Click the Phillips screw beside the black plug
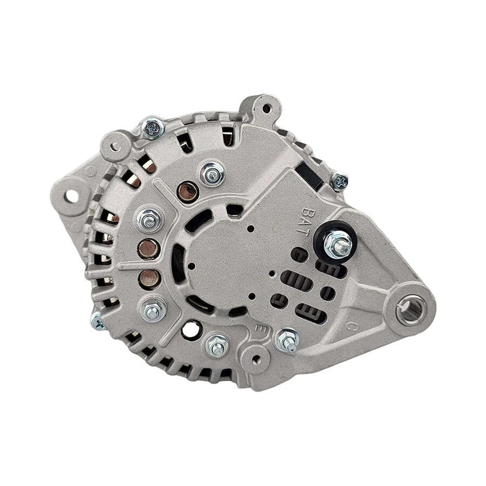click(x=339, y=181)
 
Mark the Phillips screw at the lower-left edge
click(x=98, y=322)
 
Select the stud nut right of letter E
click(x=286, y=340)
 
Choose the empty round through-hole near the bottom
click(x=190, y=328)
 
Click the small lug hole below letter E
click(x=255, y=357)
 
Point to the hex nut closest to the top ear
click(x=211, y=172)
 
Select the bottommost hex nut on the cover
click(x=217, y=345)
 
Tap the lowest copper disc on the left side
click(x=149, y=279)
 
